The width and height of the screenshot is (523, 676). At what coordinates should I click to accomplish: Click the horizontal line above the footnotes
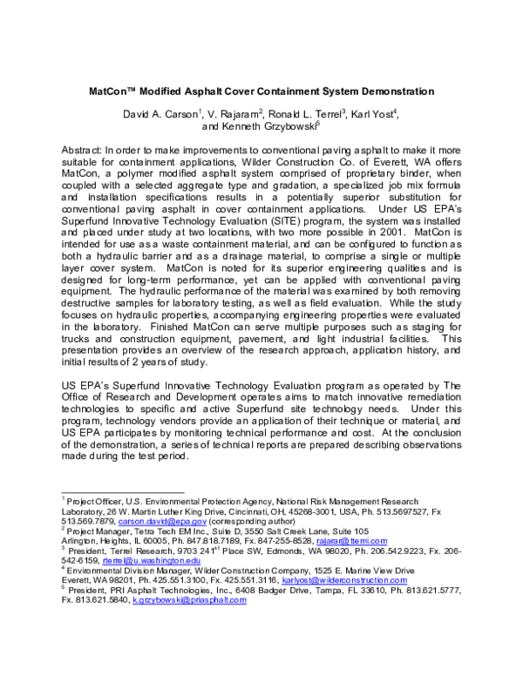click(x=122, y=492)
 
